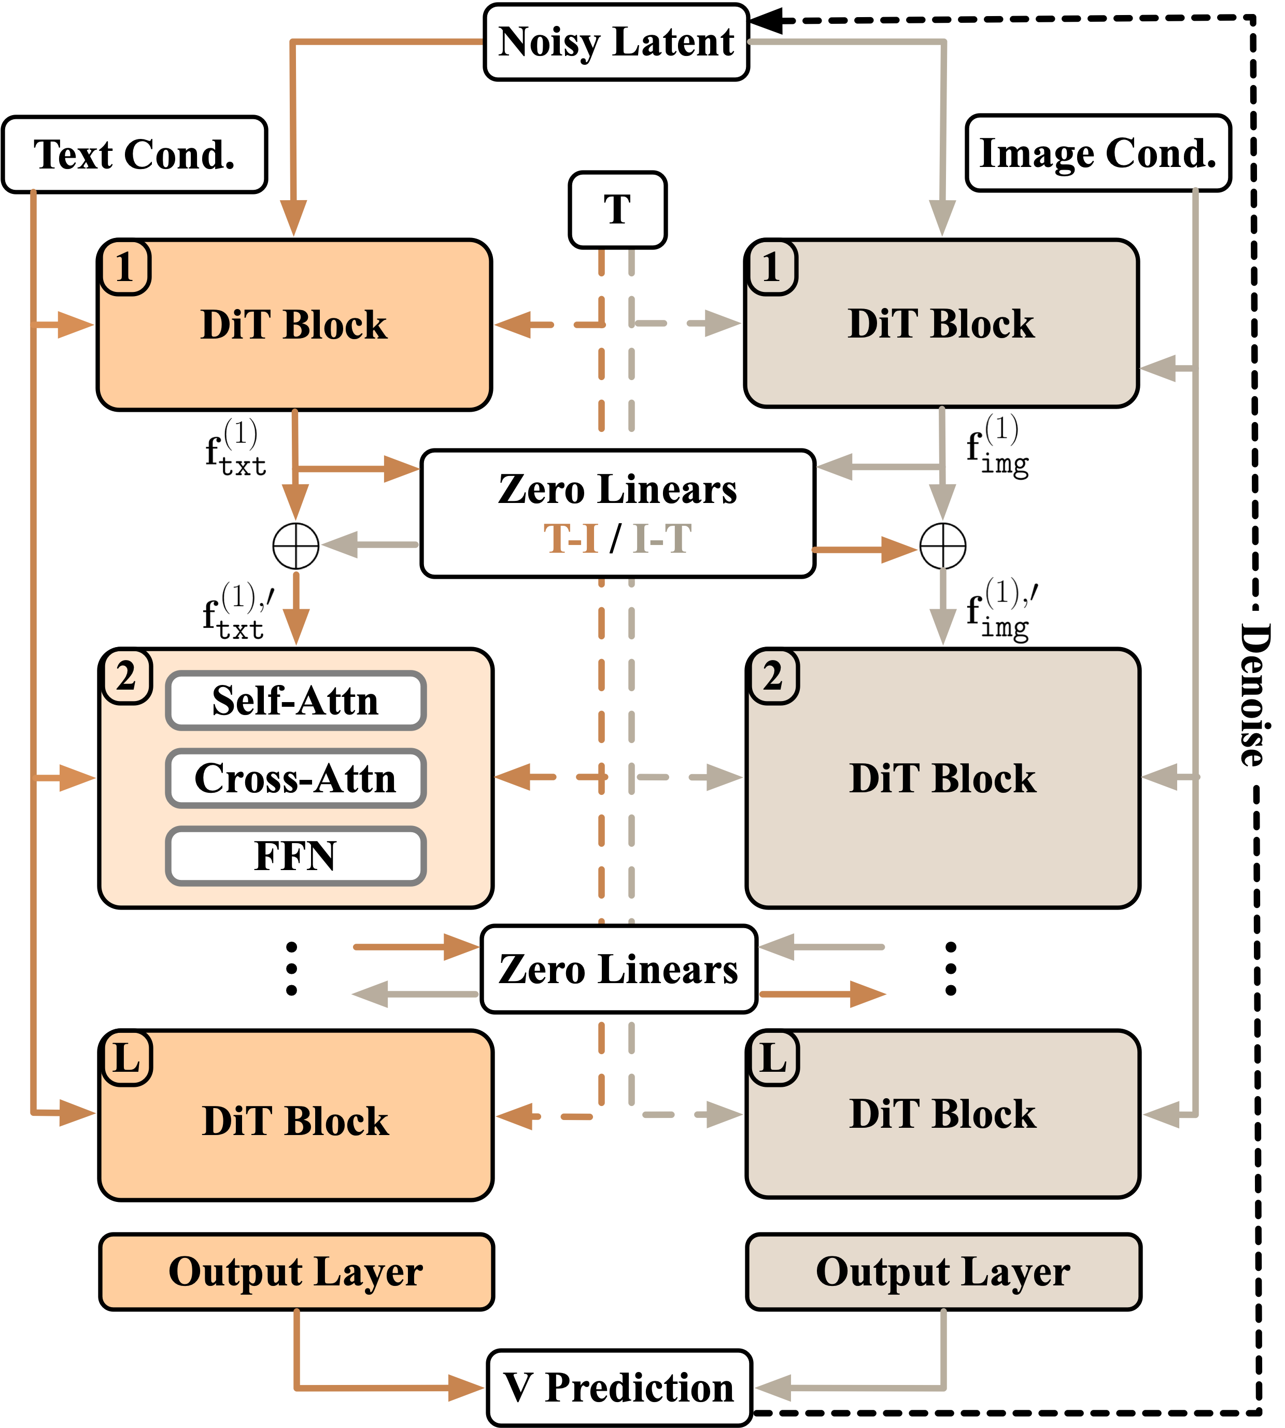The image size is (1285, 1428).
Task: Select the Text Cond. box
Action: pyautogui.click(x=134, y=155)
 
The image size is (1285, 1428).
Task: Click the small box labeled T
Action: pyautogui.click(x=617, y=210)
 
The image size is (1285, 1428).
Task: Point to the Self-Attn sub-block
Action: pyautogui.click(x=296, y=701)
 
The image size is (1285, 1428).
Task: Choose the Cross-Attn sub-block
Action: pyautogui.click(x=296, y=778)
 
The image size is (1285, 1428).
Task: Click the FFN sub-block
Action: pyautogui.click(x=296, y=856)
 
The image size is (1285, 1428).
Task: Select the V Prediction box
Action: pyautogui.click(x=618, y=1388)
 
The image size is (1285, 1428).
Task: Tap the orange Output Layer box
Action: pyautogui.click(x=296, y=1272)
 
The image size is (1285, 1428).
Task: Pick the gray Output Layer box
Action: pyautogui.click(x=943, y=1272)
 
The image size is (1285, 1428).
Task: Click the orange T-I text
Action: pyautogui.click(x=571, y=539)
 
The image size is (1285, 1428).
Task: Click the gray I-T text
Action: pyautogui.click(x=661, y=539)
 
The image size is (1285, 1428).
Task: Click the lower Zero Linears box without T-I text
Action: pyautogui.click(x=618, y=969)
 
